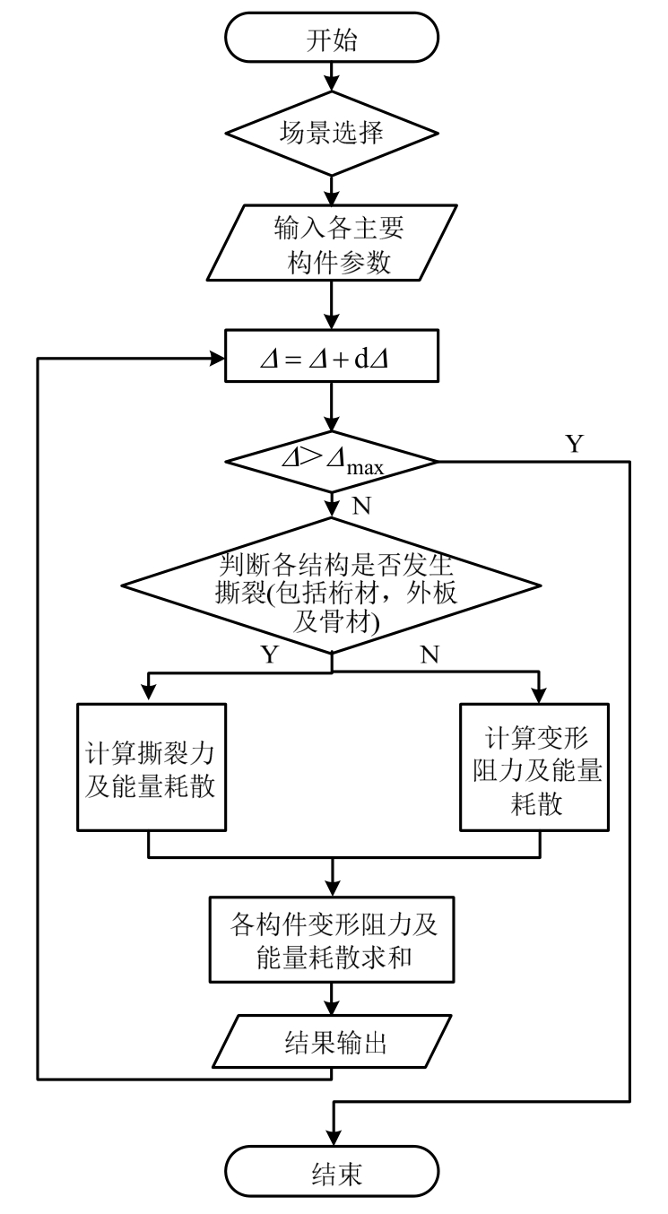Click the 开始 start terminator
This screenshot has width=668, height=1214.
333,39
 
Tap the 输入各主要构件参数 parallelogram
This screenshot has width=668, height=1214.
333,245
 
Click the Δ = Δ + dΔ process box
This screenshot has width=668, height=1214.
333,360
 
